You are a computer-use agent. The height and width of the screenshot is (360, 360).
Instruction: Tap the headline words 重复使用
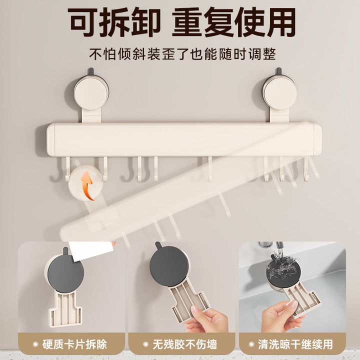(x=234, y=22)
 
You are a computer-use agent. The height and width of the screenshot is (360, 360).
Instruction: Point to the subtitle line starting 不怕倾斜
(x=182, y=54)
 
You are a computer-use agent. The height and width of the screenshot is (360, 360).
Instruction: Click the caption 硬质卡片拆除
(x=74, y=344)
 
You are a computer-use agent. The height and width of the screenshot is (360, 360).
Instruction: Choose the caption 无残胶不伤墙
(x=185, y=344)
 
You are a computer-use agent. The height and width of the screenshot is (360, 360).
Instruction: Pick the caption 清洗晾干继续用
(x=295, y=344)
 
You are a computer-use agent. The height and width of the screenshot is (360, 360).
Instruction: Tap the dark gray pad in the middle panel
(x=169, y=266)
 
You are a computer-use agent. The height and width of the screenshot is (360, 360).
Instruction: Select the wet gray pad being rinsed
(x=283, y=271)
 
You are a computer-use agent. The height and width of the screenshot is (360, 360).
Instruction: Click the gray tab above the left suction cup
(x=91, y=71)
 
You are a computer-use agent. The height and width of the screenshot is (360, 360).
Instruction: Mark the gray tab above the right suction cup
(x=278, y=71)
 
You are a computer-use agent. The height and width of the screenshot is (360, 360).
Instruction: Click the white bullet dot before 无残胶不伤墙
(x=145, y=344)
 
